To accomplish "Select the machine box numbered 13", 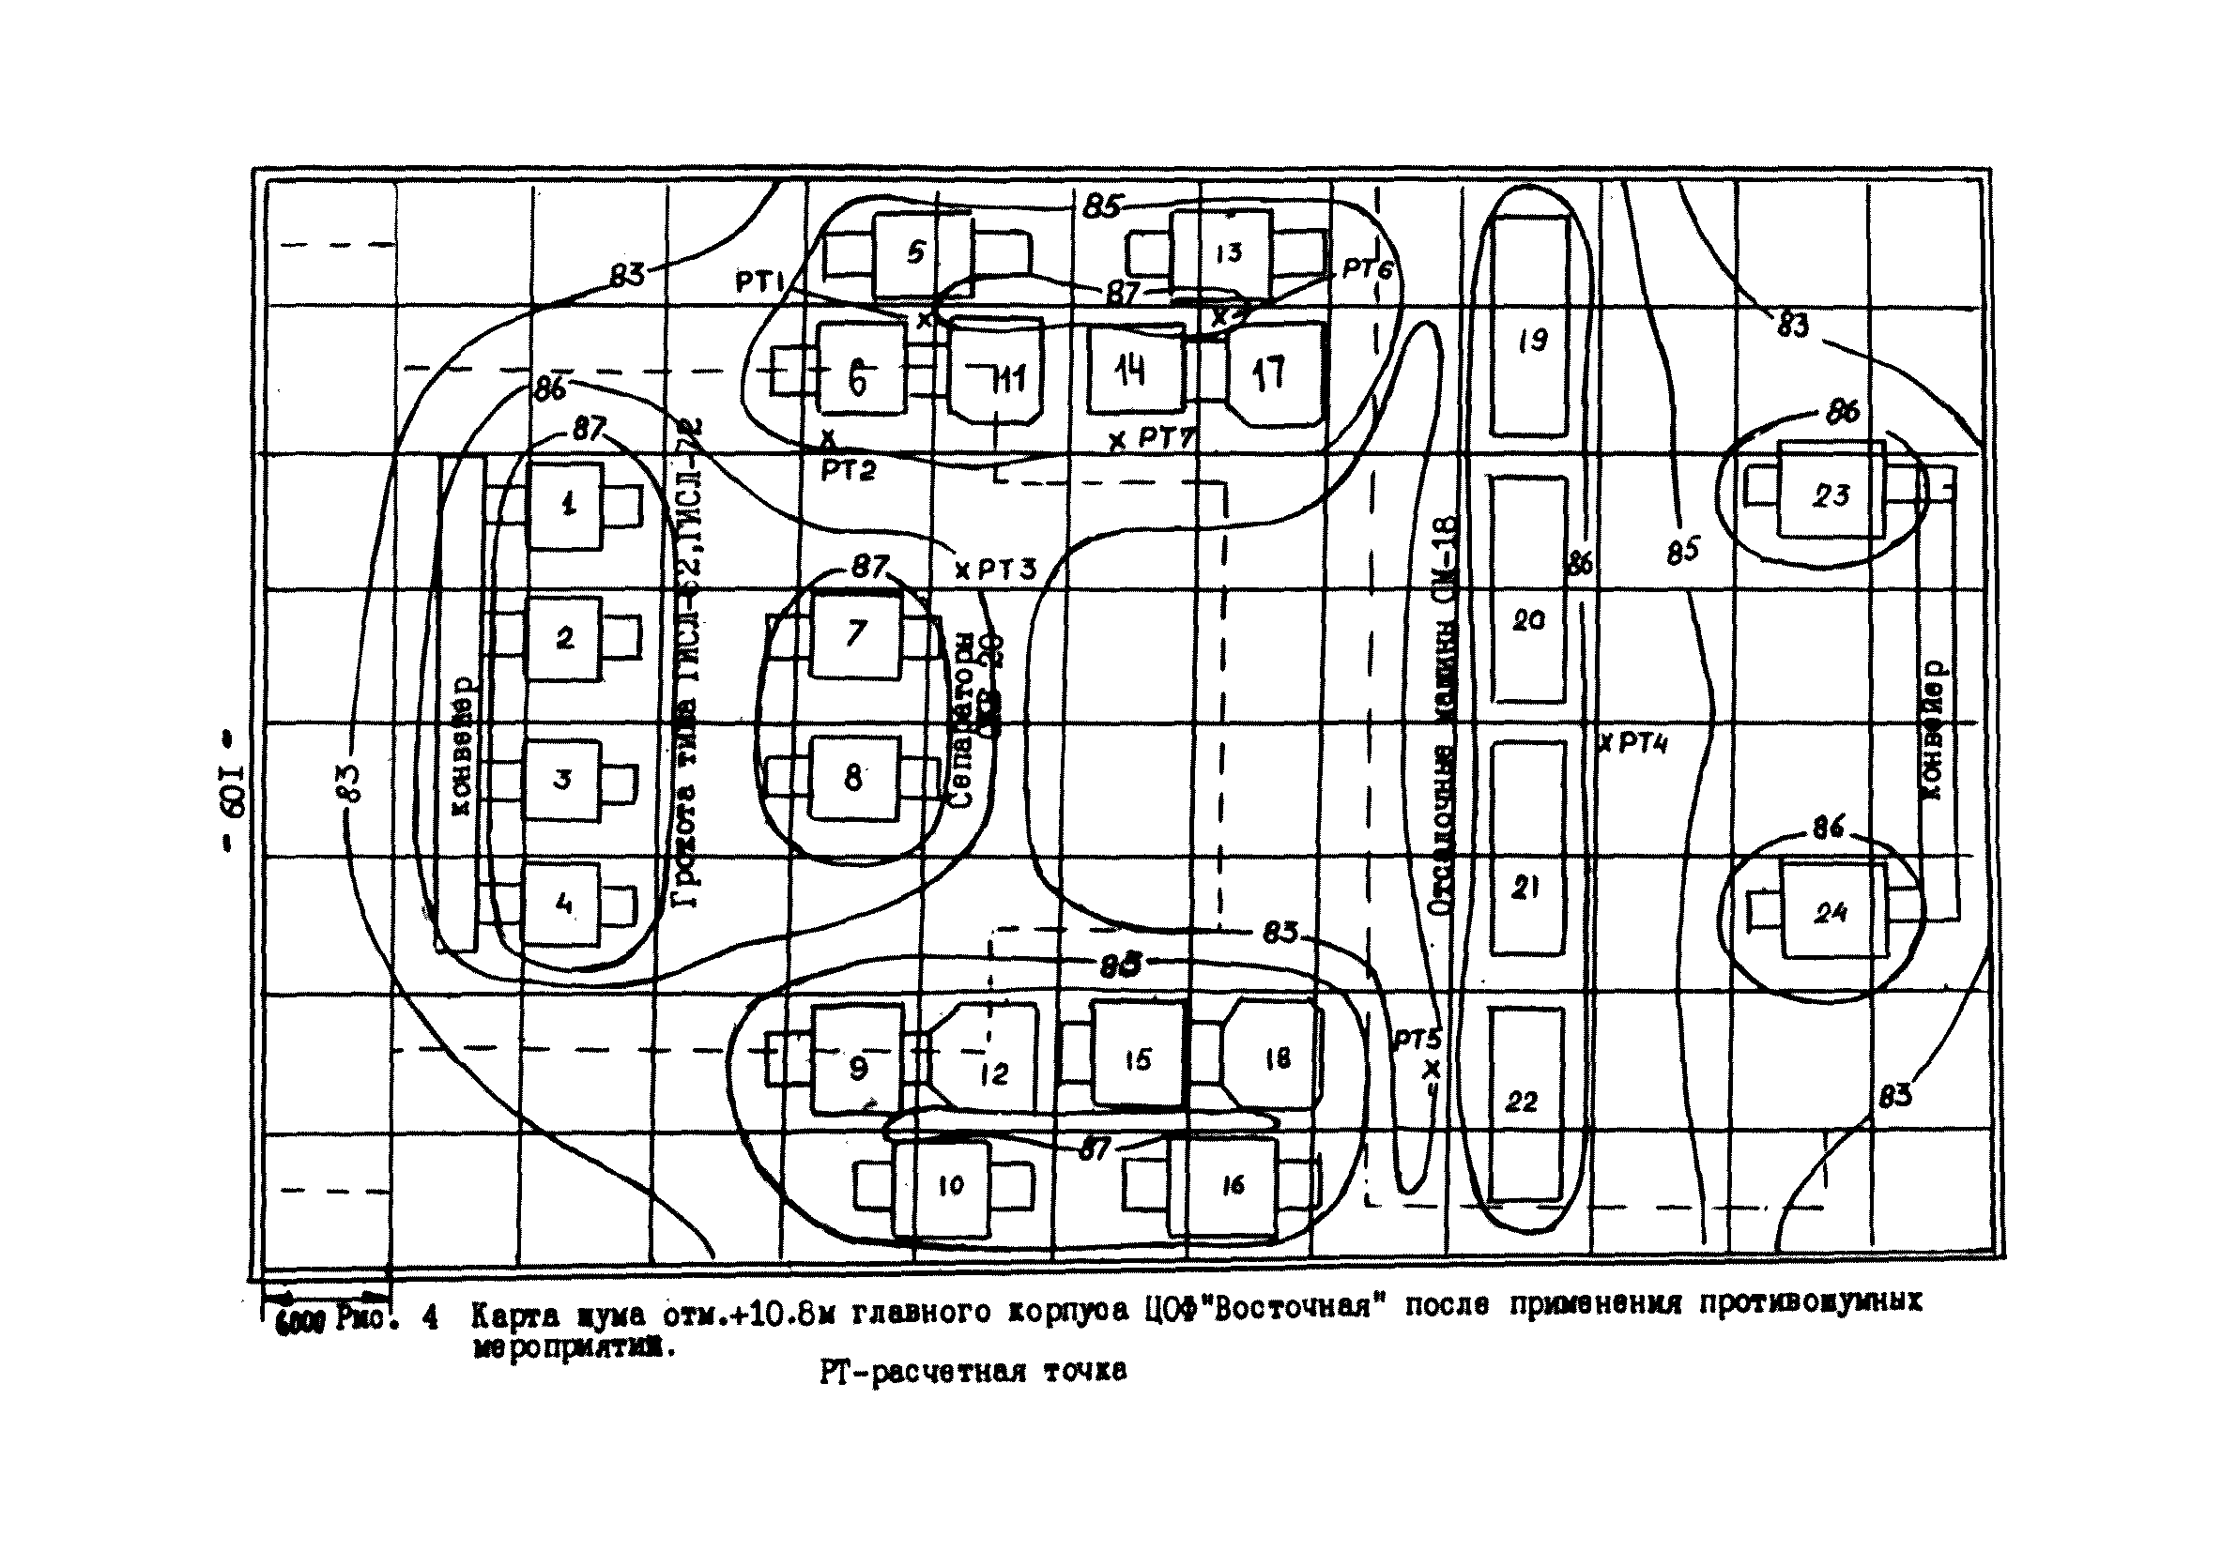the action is [x=1221, y=253].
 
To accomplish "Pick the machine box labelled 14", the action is [x=1135, y=370].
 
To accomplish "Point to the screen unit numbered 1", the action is [x=566, y=505].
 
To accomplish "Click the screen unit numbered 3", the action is [x=562, y=781].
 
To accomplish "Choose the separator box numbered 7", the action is [x=855, y=634].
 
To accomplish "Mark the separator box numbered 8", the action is [x=853, y=778].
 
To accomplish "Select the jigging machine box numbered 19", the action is [x=1529, y=327].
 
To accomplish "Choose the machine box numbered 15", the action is [x=1137, y=1059].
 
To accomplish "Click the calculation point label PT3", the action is [x=1005, y=569].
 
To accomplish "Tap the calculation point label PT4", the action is [x=1642, y=744].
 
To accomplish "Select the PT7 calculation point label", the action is [x=1164, y=437].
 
